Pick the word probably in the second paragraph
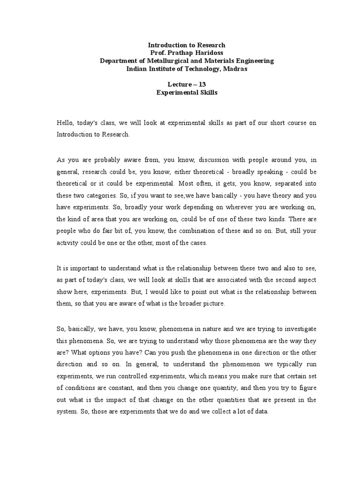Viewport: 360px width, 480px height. click(105, 159)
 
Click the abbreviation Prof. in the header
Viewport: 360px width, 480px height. click(157, 53)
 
